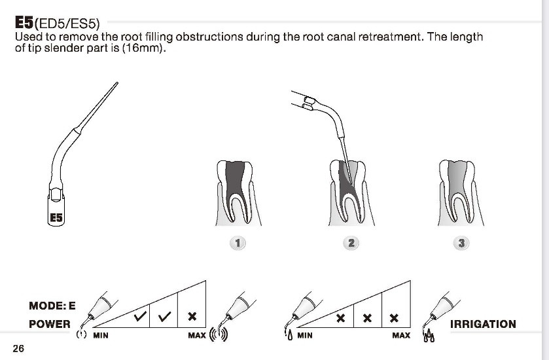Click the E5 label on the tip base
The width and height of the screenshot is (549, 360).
pyautogui.click(x=57, y=218)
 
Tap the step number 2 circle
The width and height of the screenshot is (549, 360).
pyautogui.click(x=351, y=243)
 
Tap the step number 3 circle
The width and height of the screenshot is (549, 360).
pyautogui.click(x=462, y=243)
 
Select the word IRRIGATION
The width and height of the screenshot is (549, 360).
pyautogui.click(x=483, y=324)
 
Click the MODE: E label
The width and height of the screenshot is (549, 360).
pyautogui.click(x=52, y=306)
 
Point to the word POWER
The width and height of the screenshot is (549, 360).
pyautogui.click(x=49, y=324)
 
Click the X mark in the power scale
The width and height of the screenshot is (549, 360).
pyautogui.click(x=192, y=317)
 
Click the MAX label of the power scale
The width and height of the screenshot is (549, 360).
pyautogui.click(x=196, y=336)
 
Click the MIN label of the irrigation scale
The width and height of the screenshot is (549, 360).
pyautogui.click(x=305, y=336)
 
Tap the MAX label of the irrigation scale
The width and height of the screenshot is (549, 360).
pyautogui.click(x=401, y=336)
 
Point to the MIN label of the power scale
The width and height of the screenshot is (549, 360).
pyautogui.click(x=100, y=336)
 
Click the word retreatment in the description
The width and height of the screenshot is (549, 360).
pyautogui.click(x=389, y=37)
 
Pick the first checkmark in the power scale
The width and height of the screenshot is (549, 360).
pyautogui.click(x=139, y=317)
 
